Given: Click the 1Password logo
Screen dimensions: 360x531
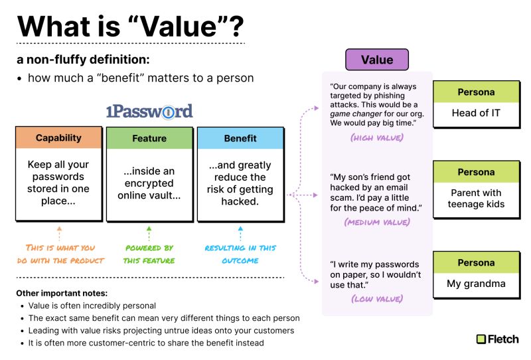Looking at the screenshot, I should (149, 111).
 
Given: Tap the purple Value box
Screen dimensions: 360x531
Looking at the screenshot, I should (376, 60).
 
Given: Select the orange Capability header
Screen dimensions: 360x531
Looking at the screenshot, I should (58, 138).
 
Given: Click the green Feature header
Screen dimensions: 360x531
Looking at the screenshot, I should (149, 138).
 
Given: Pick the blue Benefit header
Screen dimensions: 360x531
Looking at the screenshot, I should (240, 138).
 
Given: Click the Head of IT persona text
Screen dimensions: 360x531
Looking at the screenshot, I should (476, 113).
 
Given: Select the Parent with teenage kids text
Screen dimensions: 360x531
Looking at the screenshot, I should (476, 198).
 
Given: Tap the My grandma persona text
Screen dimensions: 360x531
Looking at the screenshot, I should (476, 284).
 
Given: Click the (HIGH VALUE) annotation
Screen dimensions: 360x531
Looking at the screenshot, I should (376, 137).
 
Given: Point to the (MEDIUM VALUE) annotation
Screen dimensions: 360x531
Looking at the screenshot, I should (376, 223).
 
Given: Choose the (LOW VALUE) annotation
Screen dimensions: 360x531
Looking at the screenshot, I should (376, 300).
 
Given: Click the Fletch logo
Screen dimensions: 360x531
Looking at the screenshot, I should (498, 339).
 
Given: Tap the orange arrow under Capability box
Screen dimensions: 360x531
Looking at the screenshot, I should (58, 233).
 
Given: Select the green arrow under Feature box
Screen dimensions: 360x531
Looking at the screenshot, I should (149, 233).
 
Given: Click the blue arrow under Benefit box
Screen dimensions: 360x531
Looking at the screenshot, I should (240, 233).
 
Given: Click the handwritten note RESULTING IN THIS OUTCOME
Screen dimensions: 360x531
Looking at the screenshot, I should (240, 254).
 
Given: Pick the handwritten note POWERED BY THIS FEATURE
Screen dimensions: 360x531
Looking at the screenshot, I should (149, 254).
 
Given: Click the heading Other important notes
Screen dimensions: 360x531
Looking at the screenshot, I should (60, 293).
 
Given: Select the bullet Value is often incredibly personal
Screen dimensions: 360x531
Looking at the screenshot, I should (92, 306).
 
